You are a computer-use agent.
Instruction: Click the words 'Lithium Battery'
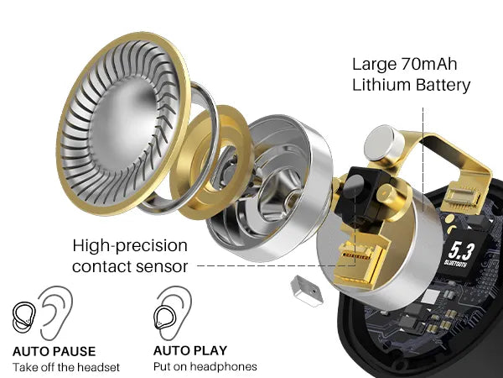pyautogui.click(x=411, y=85)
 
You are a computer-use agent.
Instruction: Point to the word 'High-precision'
pyautogui.click(x=130, y=245)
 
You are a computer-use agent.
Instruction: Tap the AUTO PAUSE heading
pyautogui.click(x=54, y=351)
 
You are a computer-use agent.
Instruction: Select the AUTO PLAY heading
pyautogui.click(x=190, y=350)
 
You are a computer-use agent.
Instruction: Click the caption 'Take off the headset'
pyautogui.click(x=66, y=367)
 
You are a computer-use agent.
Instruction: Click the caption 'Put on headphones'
pyautogui.click(x=205, y=367)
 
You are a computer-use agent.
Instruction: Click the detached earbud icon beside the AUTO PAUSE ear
pyautogui.click(x=23, y=318)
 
